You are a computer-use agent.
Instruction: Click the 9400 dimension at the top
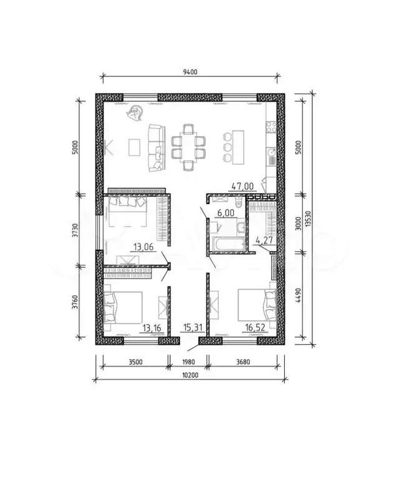(190, 72)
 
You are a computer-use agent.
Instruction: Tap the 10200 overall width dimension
(190, 375)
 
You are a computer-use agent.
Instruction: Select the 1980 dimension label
(188, 362)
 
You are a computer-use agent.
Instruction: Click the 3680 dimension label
(243, 362)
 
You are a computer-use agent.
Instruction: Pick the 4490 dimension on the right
(299, 295)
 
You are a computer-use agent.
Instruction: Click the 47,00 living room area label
(243, 185)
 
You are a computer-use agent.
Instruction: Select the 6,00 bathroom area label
(226, 212)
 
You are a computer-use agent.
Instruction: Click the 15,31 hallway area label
(193, 328)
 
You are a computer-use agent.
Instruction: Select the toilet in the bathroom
(239, 202)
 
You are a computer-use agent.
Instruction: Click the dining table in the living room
(188, 147)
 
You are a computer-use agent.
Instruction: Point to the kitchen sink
(271, 152)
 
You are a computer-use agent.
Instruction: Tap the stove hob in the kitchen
(271, 127)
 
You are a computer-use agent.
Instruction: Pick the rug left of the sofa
(135, 147)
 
